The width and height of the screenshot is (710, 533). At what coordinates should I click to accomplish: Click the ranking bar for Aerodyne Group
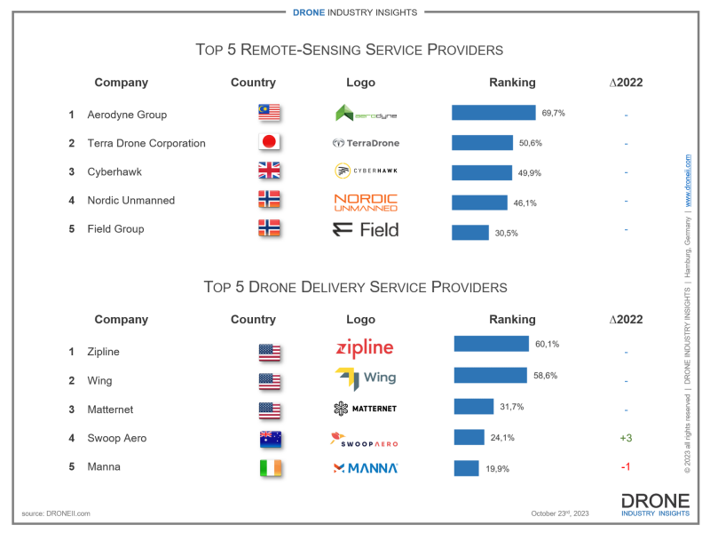[493, 113]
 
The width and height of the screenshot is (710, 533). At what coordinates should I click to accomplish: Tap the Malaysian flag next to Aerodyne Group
[269, 113]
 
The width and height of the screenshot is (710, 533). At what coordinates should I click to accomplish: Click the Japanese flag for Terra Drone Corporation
[269, 142]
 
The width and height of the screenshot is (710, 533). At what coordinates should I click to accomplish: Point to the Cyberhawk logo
[366, 171]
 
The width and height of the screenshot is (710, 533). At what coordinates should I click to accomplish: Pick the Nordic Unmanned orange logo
[366, 202]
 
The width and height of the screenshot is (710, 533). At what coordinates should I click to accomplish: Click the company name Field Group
[115, 229]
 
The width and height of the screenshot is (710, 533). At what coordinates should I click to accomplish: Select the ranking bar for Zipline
[491, 344]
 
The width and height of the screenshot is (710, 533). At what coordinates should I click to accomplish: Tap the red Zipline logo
[365, 347]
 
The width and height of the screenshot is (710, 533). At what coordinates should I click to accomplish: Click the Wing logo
[366, 378]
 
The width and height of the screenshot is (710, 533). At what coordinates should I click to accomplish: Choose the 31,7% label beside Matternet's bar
[512, 407]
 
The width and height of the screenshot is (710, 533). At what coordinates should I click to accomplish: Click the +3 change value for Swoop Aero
[626, 438]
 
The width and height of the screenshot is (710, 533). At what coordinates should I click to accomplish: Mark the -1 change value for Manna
[626, 467]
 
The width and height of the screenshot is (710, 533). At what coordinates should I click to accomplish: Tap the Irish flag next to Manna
[269, 467]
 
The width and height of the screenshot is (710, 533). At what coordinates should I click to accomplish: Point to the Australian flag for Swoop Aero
[269, 438]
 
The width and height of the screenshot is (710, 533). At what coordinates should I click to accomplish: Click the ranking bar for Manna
[466, 467]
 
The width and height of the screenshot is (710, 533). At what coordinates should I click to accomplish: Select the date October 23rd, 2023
[561, 513]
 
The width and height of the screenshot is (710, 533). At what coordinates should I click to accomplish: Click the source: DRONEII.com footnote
[56, 513]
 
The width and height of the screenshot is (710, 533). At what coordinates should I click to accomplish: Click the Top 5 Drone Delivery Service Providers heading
[355, 287]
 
